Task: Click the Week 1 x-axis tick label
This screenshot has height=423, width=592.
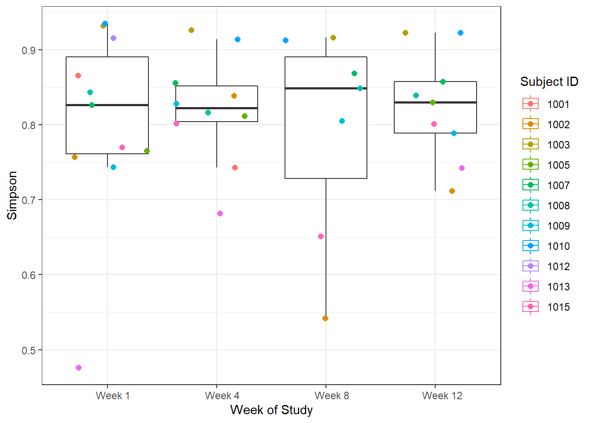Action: point(112,396)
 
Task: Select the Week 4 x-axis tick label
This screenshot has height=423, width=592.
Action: point(222,396)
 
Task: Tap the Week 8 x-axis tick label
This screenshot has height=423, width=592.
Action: point(332,396)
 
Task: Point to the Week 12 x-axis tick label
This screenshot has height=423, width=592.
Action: point(442,396)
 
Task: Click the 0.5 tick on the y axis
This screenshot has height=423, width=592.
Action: point(29,350)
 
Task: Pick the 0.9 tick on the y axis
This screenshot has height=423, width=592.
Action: point(29,50)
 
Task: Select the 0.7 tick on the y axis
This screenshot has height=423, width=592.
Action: point(29,200)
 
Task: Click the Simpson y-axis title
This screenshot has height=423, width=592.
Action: point(12,195)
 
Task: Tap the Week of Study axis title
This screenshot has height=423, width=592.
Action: point(271,410)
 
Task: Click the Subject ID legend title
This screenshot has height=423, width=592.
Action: point(549,82)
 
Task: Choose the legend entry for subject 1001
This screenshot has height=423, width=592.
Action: point(546,104)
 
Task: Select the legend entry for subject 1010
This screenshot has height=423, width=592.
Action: point(546,246)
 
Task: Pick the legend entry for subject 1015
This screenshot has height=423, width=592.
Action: point(546,307)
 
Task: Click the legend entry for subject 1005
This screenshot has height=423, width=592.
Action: point(546,165)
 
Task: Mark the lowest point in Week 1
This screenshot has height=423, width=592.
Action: point(78,367)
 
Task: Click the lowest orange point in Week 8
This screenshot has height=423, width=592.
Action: point(325,318)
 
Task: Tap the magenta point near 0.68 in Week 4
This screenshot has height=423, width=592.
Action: point(220,213)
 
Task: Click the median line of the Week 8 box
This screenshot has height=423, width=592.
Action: point(326,88)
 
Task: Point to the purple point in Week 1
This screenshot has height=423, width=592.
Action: point(113,38)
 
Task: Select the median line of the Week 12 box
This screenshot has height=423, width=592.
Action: point(435,102)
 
